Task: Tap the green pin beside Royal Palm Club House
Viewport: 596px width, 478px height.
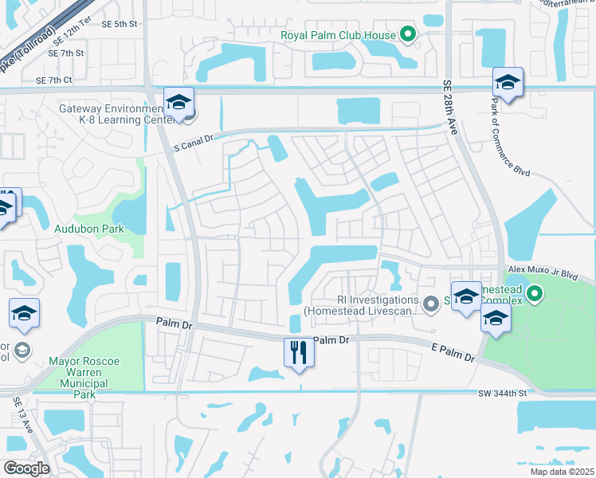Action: point(408,34)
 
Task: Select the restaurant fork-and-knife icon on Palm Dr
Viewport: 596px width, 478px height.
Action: point(300,352)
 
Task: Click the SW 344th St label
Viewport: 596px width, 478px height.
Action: point(504,394)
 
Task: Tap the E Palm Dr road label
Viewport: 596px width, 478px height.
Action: point(452,353)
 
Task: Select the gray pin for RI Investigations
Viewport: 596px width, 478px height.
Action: point(431,303)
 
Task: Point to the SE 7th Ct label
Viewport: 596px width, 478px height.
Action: point(53,80)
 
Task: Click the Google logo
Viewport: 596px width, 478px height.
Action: point(26,468)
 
